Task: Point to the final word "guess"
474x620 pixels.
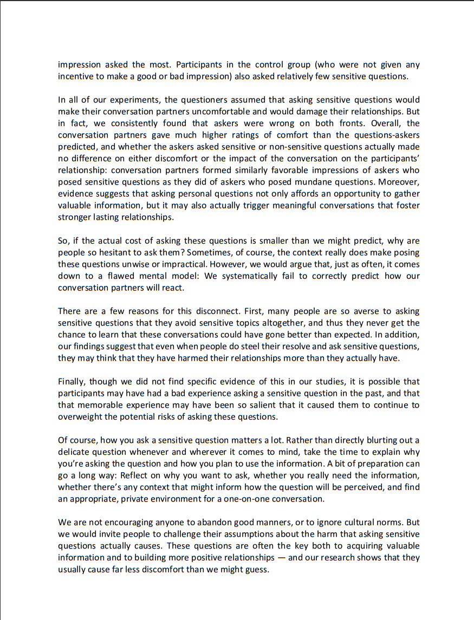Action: pos(256,570)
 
